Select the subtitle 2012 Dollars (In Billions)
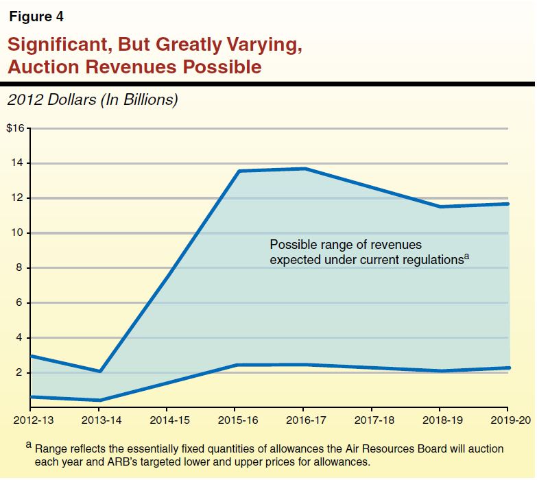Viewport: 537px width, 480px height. pos(93,100)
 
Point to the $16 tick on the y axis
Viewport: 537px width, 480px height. pos(15,128)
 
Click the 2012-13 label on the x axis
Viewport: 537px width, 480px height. pos(32,418)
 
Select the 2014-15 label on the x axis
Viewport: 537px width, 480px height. pos(168,418)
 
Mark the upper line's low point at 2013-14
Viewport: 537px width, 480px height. pos(100,372)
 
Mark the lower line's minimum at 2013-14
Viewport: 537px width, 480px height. pos(100,400)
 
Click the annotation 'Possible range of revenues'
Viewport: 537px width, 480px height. pos(346,245)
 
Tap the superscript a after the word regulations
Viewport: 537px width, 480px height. pos(466,256)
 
